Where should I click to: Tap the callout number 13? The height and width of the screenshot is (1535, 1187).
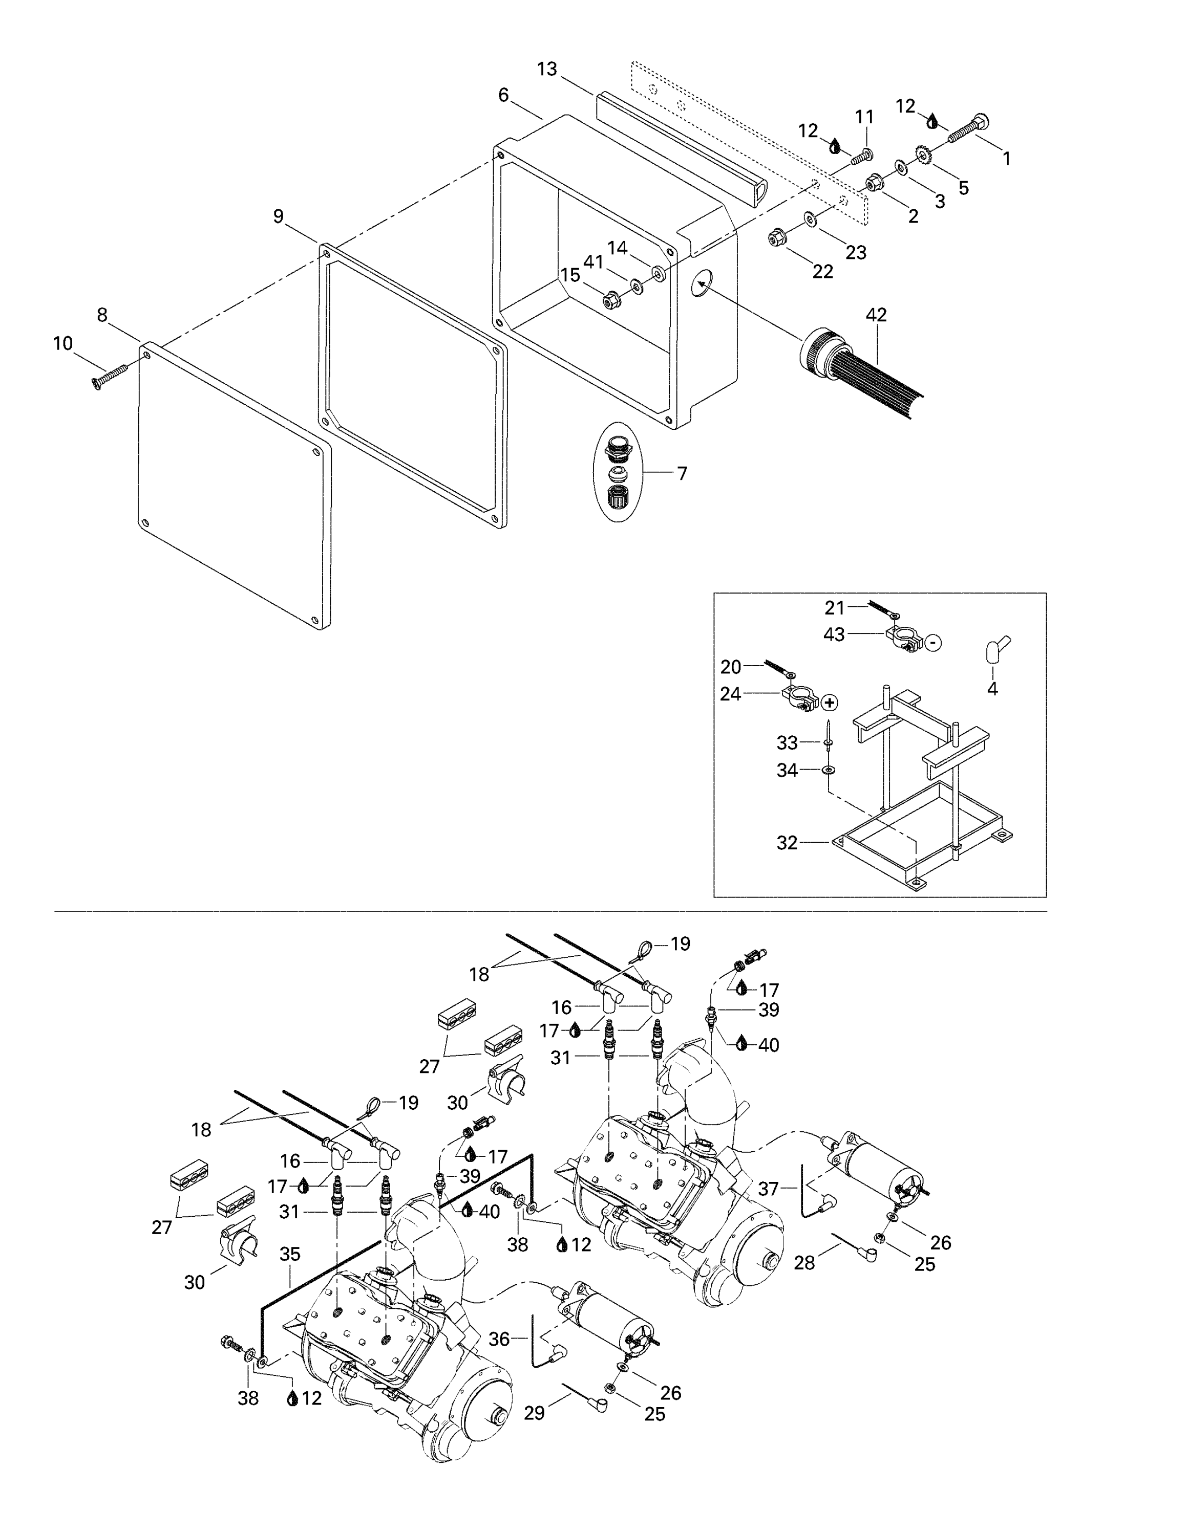[x=547, y=69]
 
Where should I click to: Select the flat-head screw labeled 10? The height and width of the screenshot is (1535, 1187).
[x=110, y=375]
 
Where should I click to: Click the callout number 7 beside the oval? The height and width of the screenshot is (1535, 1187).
[x=682, y=473]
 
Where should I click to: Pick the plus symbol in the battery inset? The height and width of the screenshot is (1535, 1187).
[x=830, y=702]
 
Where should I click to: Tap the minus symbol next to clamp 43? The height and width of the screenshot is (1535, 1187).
[x=932, y=642]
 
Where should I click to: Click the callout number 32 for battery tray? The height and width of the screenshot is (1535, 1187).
[x=787, y=842]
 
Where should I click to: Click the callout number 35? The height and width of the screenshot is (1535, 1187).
[x=290, y=1254]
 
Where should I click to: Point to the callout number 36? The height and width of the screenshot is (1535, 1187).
[x=499, y=1339]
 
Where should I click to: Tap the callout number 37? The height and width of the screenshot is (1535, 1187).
[x=768, y=1189]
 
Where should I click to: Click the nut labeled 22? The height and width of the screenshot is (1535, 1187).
[x=774, y=238]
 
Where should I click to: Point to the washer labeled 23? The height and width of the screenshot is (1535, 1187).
[x=810, y=220]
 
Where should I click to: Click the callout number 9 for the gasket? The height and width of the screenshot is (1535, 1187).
[x=279, y=216]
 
